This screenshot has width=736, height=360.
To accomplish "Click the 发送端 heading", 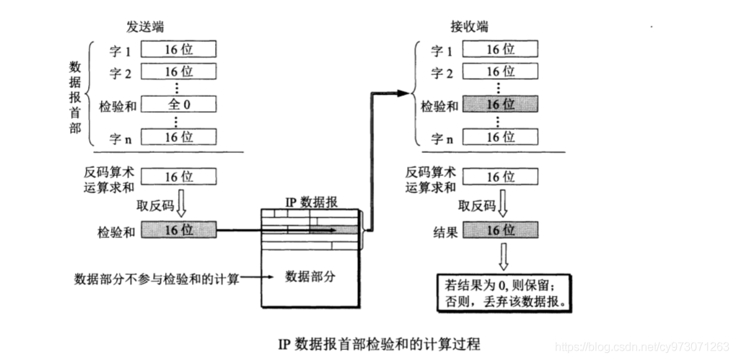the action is coord(145,27).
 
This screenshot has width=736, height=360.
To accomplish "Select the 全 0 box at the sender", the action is coord(179,104).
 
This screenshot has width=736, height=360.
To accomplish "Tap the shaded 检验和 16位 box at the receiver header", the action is coord(500,104).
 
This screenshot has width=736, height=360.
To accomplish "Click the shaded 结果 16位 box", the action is coord(500,230).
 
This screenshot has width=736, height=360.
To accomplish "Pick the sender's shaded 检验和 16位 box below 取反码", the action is coord(179,230).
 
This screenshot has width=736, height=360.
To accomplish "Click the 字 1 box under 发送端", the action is coord(179,49).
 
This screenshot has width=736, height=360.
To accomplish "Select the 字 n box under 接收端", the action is coord(500,136).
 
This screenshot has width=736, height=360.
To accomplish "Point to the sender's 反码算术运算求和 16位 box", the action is coord(179,177).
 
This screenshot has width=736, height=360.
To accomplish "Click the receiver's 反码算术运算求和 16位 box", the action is coord(500,177).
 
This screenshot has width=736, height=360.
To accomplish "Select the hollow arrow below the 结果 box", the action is coord(503,256).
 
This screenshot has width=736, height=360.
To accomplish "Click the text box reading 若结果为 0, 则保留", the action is coord(504,292).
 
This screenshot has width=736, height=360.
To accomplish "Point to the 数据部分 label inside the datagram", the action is coord(310,277).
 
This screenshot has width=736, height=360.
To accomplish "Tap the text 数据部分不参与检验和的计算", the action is coord(157,278).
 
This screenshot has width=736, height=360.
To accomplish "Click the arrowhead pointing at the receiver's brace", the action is coord(403,93).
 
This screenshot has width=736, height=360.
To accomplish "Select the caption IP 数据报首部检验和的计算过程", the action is coord(380,345).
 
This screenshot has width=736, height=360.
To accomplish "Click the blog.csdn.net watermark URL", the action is coord(641,347).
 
